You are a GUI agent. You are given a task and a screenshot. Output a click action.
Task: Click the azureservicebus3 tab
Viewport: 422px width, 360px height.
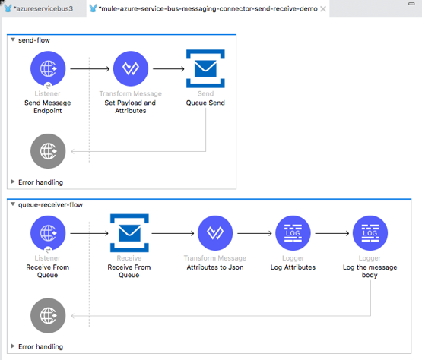point(43,8)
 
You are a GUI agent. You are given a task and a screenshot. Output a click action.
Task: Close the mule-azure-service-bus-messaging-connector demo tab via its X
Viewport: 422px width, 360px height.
point(324,8)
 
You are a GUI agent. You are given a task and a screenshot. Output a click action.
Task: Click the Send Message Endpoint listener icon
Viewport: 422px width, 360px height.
point(48,69)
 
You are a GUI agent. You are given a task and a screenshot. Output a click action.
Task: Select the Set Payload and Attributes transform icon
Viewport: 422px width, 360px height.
point(130,69)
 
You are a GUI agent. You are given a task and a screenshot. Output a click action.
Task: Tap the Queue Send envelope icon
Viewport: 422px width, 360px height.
point(205,69)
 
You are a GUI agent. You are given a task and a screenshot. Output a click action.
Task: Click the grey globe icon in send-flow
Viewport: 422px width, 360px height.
point(48,149)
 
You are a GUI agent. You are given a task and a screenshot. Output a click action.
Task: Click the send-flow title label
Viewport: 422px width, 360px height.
point(35,38)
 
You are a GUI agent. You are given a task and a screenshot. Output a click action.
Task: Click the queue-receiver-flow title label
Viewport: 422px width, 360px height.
point(50,204)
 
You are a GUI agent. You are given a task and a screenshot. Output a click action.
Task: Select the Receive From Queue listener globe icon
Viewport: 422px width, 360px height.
point(48,233)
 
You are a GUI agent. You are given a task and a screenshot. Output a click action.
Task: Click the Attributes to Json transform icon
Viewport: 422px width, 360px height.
point(214,233)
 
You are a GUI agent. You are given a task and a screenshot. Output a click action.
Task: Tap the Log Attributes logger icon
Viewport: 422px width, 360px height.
point(293,233)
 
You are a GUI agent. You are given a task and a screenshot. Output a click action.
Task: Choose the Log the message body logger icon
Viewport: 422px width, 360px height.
point(370,233)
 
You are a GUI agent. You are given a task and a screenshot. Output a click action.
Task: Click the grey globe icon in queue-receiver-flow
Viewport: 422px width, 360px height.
point(48,314)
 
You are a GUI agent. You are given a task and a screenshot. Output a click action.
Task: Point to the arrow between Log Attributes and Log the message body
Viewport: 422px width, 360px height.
point(331,233)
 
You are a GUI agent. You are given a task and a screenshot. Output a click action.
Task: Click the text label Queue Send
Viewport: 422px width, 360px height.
point(205,110)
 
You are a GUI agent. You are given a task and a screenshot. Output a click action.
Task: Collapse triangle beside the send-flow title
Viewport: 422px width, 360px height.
point(12,38)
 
